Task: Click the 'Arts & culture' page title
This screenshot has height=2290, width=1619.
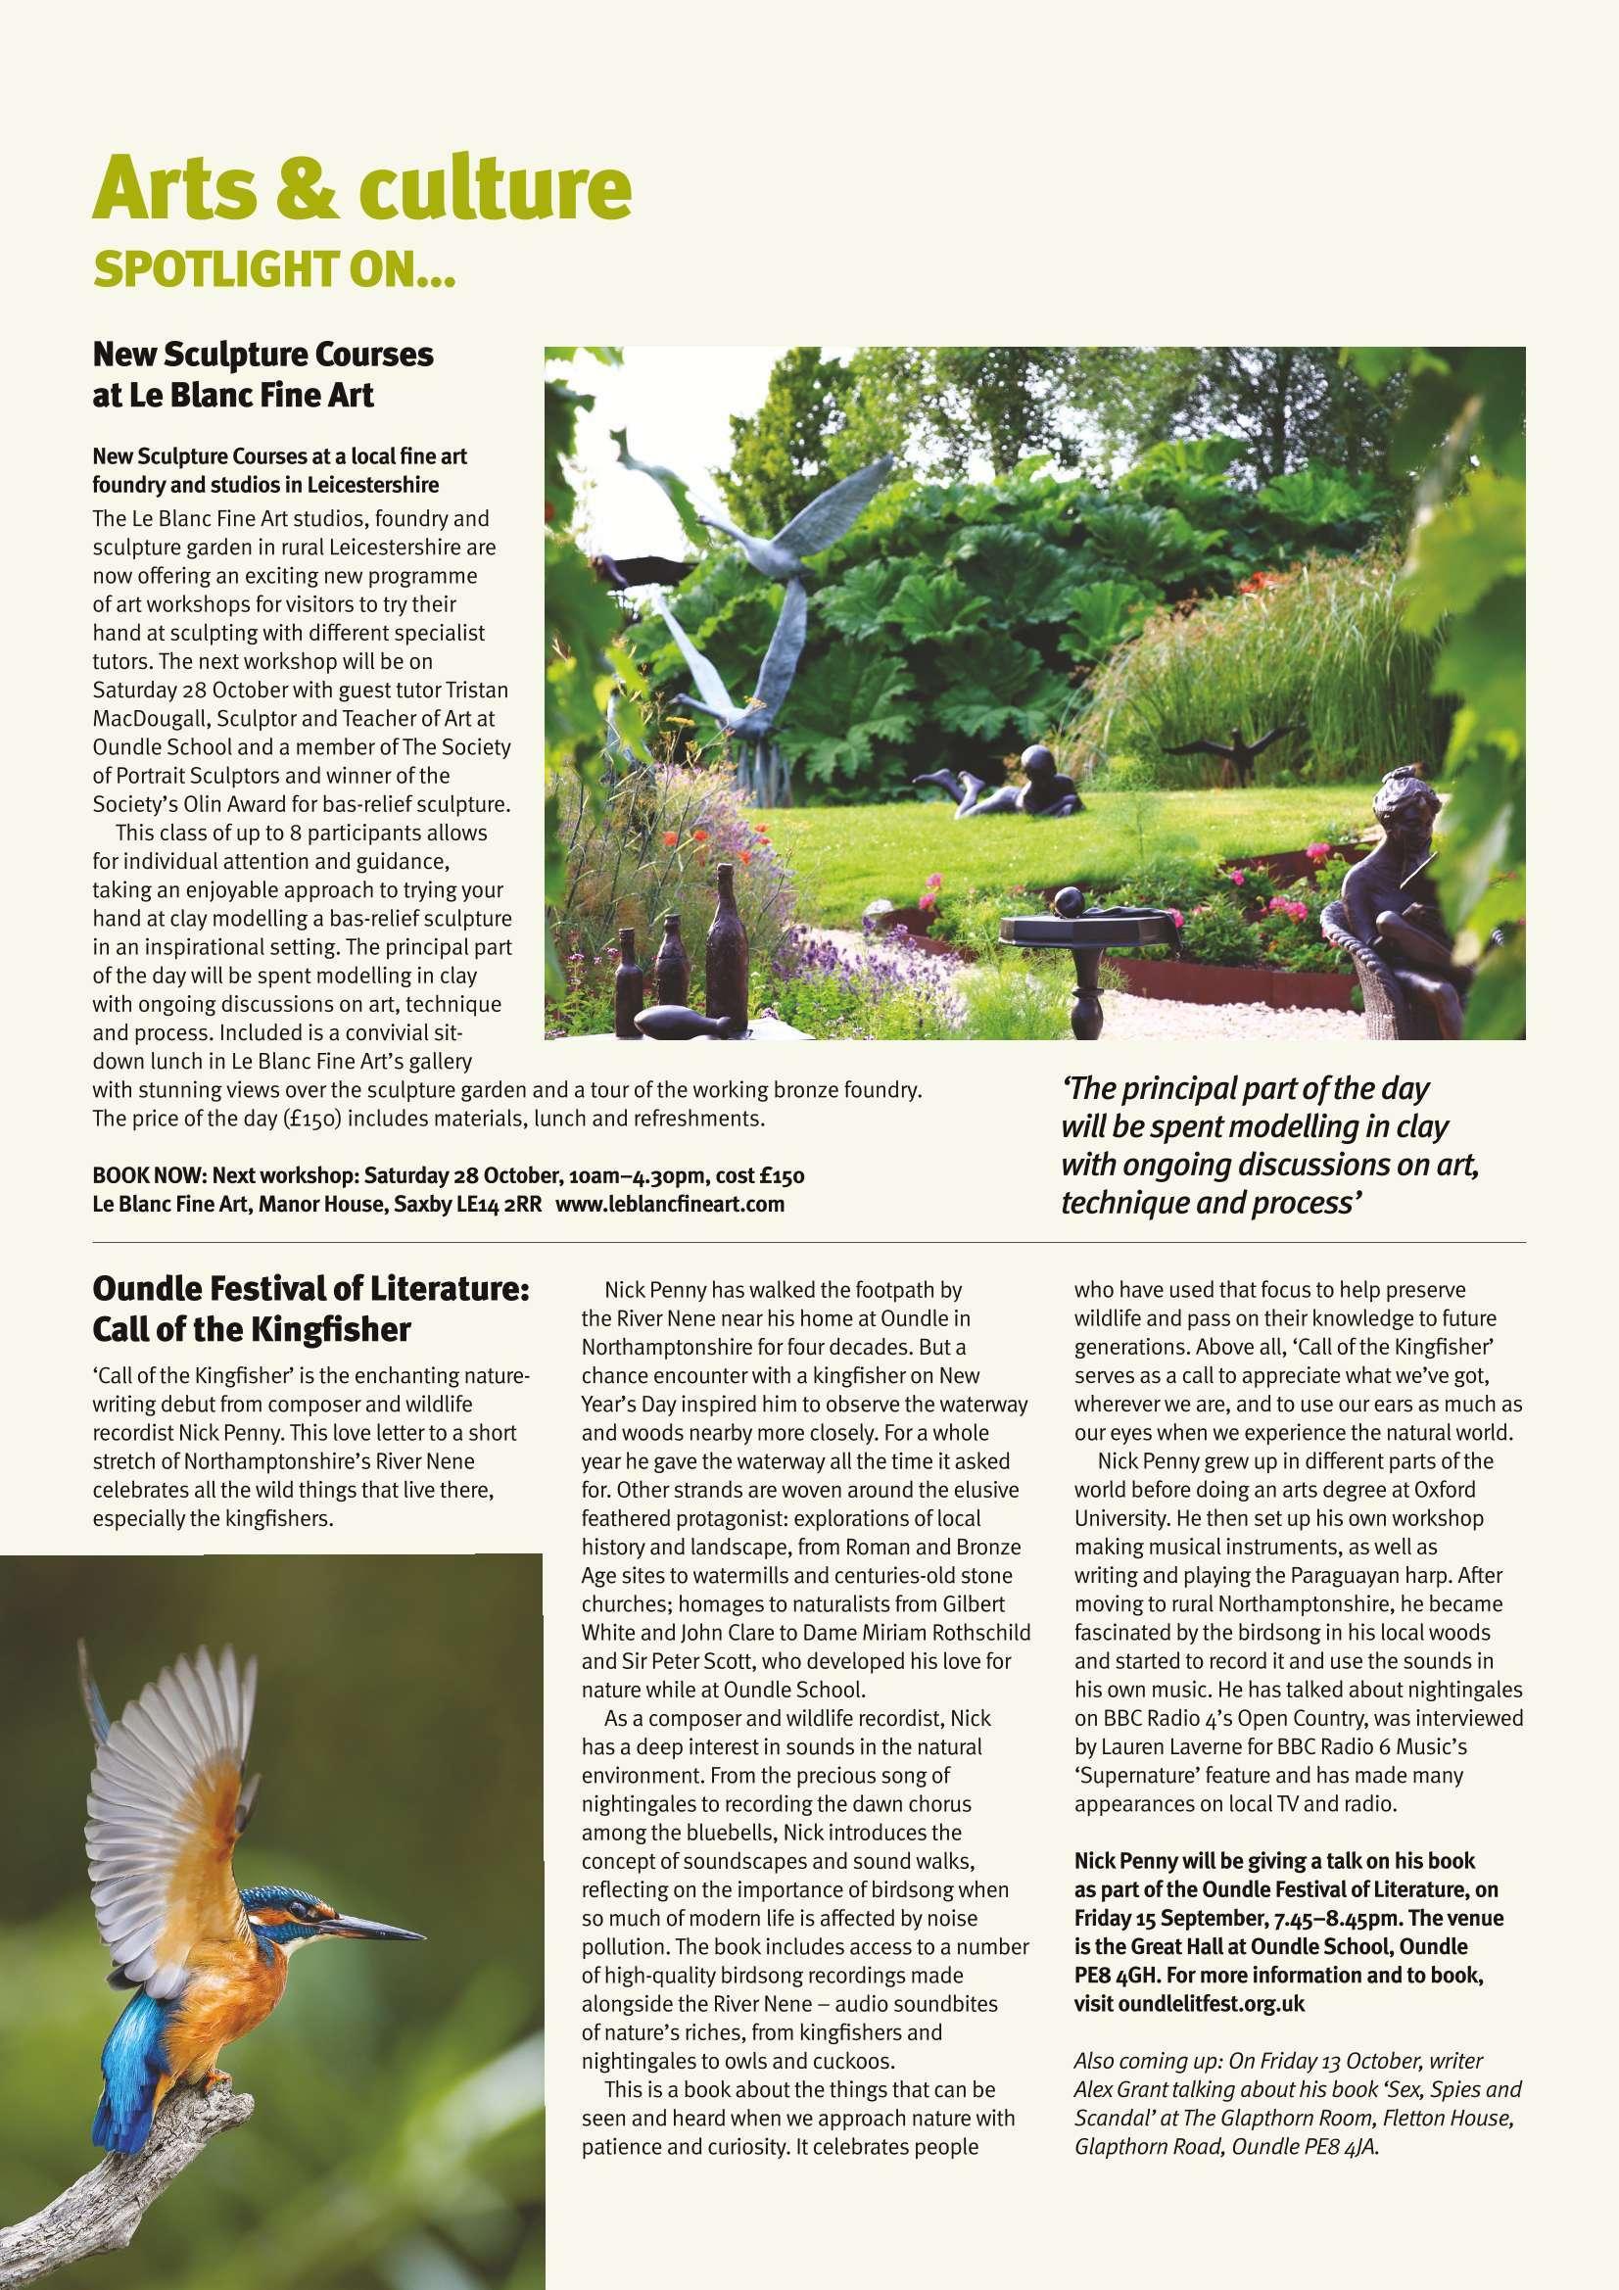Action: [x=361, y=189]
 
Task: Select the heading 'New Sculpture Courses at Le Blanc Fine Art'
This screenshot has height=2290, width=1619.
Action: [x=263, y=375]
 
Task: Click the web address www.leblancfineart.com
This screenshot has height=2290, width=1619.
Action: [x=669, y=1204]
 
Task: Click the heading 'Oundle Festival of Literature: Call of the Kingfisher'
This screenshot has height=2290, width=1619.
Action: [x=310, y=1310]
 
